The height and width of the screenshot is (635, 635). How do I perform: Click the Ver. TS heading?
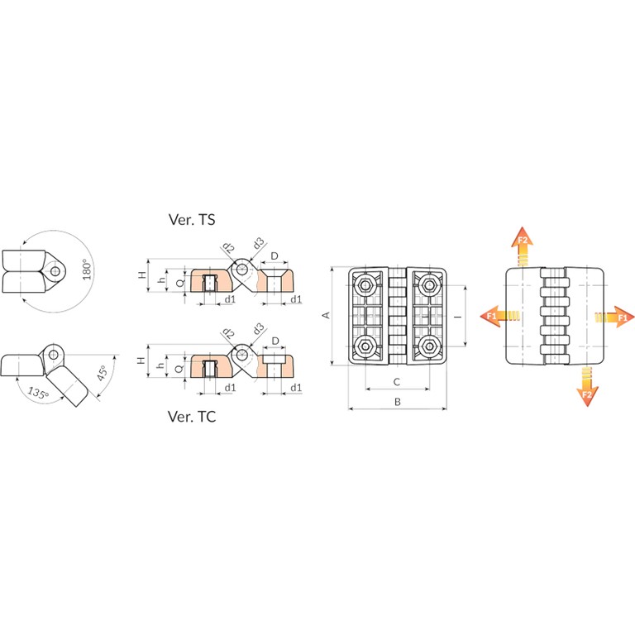(x=192, y=219)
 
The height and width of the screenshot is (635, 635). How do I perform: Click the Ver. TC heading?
(x=192, y=417)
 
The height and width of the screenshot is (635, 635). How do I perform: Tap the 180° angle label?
(x=87, y=270)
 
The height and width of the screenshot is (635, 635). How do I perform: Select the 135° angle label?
(x=39, y=393)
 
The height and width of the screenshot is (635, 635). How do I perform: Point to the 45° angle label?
(x=102, y=373)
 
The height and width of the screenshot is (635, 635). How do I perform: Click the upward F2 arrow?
(x=523, y=246)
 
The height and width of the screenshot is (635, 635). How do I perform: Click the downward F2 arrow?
(x=587, y=386)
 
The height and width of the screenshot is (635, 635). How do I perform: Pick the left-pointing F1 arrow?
(x=499, y=316)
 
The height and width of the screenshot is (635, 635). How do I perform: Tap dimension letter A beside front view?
(x=327, y=315)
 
